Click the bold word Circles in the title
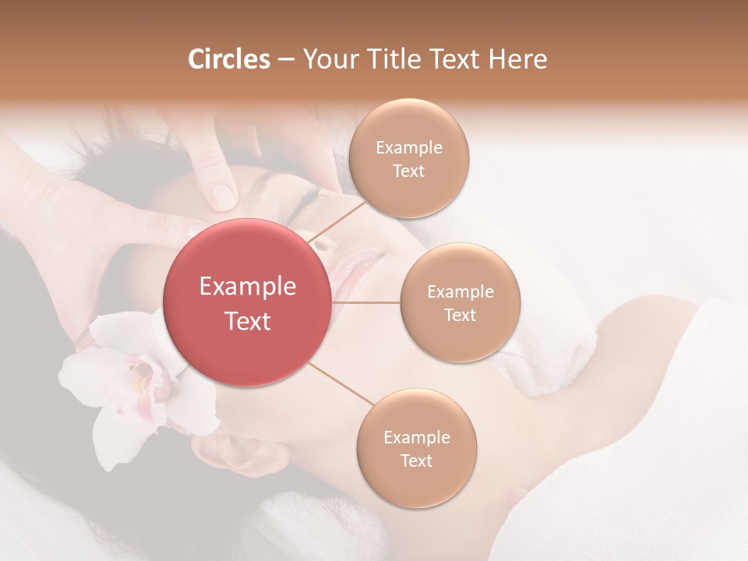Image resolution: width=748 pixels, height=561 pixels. click(228, 59)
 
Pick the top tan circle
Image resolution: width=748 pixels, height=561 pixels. click(409, 158)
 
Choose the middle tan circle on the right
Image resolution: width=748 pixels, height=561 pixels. click(460, 302)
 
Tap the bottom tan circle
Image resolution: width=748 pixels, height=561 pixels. click(416, 448)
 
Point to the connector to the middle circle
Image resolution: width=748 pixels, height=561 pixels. click(366, 302)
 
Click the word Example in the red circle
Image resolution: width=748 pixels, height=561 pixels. click(248, 287)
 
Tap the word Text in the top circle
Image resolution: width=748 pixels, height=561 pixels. click(409, 171)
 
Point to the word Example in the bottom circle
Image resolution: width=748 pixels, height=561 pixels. click(416, 437)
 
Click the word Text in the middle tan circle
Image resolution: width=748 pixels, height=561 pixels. click(460, 315)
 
